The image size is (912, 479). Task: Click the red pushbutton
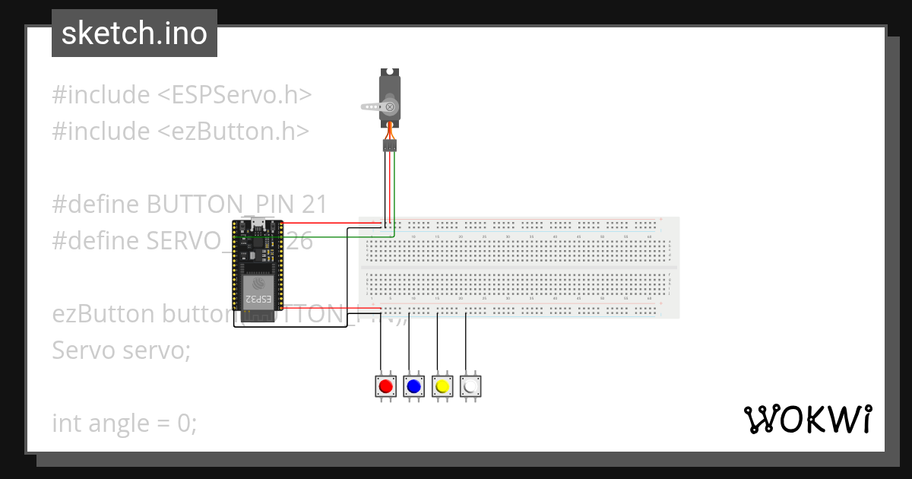point(386,386)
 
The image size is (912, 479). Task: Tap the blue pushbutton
point(414,386)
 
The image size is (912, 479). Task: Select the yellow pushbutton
point(442,386)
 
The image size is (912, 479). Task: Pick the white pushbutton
point(470,386)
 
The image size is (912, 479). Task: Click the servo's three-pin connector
point(390,144)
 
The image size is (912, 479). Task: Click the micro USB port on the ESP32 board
point(258,223)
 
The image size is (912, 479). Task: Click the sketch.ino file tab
point(135,33)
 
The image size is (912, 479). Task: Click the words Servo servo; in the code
point(121,351)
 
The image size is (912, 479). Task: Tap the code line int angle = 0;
point(124,423)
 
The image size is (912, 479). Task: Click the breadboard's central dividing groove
point(517,268)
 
